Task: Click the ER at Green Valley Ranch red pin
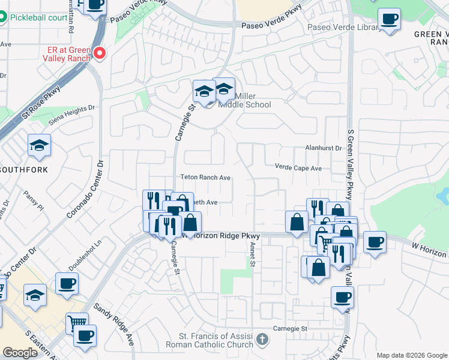(x=100, y=53)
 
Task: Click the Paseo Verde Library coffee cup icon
(x=390, y=19)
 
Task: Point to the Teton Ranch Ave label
(x=206, y=178)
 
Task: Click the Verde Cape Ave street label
(x=298, y=168)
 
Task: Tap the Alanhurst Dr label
(x=322, y=148)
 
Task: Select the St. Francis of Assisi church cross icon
(x=262, y=340)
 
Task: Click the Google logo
(x=20, y=353)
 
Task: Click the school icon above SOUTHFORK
(x=39, y=146)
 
